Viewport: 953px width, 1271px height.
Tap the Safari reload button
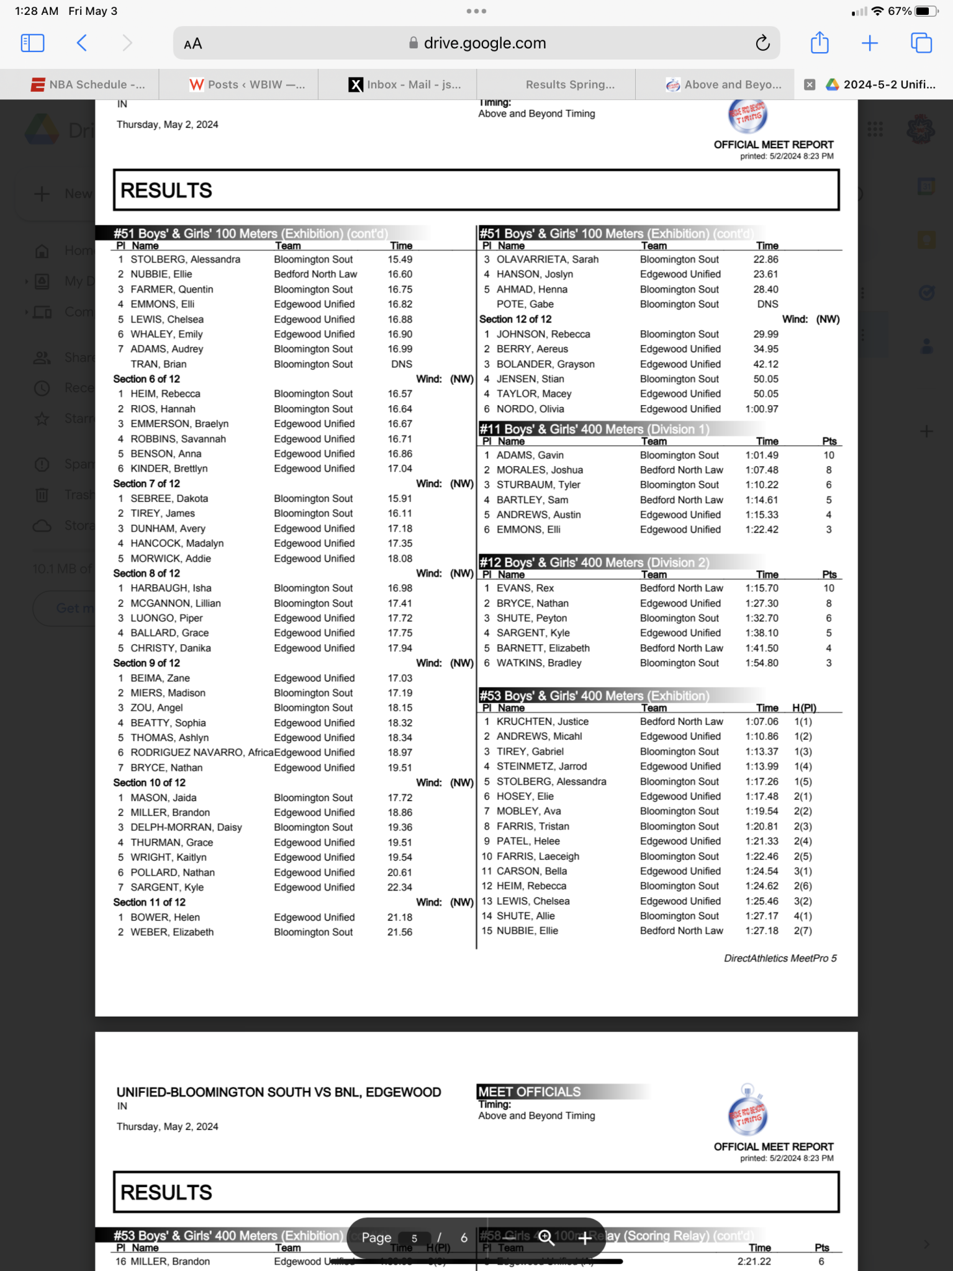[x=762, y=43]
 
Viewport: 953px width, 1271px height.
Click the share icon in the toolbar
[x=820, y=43]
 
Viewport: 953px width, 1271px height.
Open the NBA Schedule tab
[x=88, y=84]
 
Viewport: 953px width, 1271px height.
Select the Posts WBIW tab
[x=247, y=84]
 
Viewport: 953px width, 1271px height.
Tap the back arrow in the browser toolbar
[x=82, y=43]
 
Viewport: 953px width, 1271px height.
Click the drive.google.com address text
[x=484, y=43]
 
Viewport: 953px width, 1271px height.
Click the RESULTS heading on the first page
[x=166, y=191]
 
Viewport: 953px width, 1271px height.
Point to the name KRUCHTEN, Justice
[x=542, y=721]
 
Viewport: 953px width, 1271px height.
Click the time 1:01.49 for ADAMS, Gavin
[x=761, y=455]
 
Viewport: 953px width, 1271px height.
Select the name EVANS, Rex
[x=525, y=588]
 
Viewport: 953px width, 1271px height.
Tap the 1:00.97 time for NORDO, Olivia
[x=761, y=409]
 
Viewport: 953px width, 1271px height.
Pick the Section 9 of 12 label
[x=147, y=663]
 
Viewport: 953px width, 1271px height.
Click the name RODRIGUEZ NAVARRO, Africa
[x=201, y=752]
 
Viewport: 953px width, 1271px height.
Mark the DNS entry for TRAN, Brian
[x=401, y=364]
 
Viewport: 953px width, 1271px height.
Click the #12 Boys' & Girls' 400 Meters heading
[x=594, y=562]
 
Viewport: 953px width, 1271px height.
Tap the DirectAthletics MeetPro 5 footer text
[x=780, y=958]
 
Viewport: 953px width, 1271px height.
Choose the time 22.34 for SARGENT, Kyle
[x=399, y=887]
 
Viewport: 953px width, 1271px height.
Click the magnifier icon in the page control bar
[x=546, y=1237]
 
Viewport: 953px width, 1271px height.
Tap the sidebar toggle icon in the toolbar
[x=32, y=43]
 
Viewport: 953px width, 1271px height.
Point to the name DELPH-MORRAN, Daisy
[x=186, y=827]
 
